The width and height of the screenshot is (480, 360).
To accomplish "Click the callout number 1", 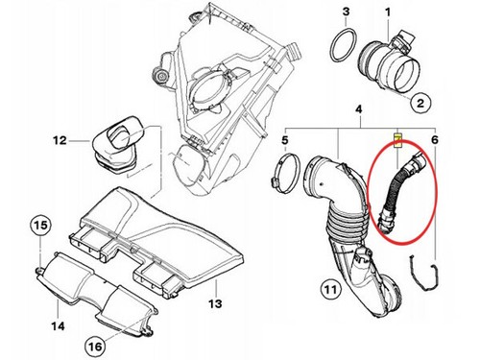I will [x=389, y=12].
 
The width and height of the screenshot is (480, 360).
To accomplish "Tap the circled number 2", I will [x=420, y=100].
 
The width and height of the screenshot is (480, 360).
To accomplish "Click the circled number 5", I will [x=284, y=142].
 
